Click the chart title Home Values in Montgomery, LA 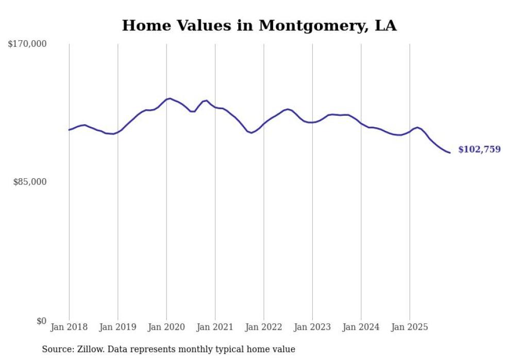[x=259, y=26]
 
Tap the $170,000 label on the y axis [x=27, y=44]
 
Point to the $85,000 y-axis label [x=30, y=182]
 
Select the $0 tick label [x=41, y=321]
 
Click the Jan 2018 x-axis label [x=69, y=327]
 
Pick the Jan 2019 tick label [x=117, y=327]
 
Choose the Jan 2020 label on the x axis [x=166, y=327]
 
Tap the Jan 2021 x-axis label [x=215, y=327]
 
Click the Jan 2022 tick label [x=264, y=327]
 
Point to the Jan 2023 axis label [x=312, y=327]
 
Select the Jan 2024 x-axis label [x=361, y=327]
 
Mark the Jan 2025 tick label [x=410, y=327]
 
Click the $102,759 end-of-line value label [x=479, y=150]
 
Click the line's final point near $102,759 [x=450, y=152]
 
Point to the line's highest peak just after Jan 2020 [x=170, y=98]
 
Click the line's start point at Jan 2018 [x=69, y=130]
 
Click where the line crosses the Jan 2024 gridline [x=361, y=124]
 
